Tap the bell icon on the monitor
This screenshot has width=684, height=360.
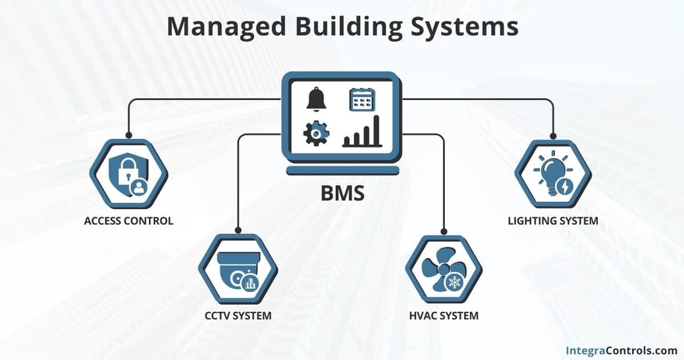[317, 99]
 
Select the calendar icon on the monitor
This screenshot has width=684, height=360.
[362, 100]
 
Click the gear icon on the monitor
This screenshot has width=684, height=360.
[316, 134]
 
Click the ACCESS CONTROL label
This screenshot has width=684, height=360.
[128, 220]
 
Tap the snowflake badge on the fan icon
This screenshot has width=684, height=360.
[457, 282]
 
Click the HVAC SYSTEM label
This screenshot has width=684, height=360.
[444, 315]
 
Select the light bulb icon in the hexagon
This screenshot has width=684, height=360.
[552, 172]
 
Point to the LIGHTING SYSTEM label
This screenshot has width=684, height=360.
[553, 220]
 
